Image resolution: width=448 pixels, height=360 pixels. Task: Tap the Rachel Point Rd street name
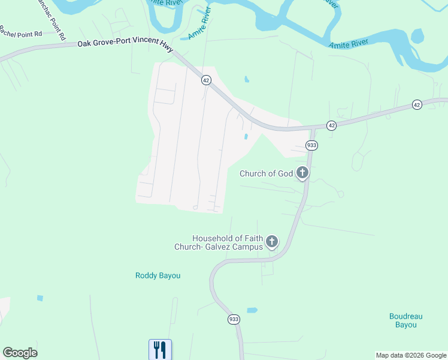tap(21, 31)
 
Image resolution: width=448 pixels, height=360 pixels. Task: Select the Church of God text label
tap(267, 174)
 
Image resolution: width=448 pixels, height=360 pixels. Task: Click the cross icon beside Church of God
tap(302, 173)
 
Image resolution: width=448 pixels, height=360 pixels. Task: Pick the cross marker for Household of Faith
tap(272, 242)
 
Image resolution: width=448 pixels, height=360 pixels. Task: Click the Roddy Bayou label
tap(158, 276)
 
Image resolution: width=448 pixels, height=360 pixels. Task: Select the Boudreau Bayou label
tap(406, 320)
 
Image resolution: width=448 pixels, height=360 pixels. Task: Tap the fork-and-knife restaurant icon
tap(160, 349)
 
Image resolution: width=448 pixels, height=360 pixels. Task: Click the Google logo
tap(20, 353)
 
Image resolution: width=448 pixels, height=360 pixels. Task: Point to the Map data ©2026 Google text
tap(411, 355)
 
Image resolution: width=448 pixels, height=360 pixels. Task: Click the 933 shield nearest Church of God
tap(311, 145)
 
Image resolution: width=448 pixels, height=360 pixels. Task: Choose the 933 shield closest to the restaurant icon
tap(234, 319)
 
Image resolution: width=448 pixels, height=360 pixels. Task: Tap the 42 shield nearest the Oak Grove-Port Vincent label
tap(206, 80)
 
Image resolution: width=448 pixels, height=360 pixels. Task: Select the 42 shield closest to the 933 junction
tap(331, 125)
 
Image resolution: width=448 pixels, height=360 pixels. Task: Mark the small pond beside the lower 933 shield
tap(252, 310)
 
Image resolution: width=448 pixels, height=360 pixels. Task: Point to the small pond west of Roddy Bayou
tap(40, 298)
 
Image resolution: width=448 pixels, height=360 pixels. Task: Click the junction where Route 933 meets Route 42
tap(313, 128)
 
